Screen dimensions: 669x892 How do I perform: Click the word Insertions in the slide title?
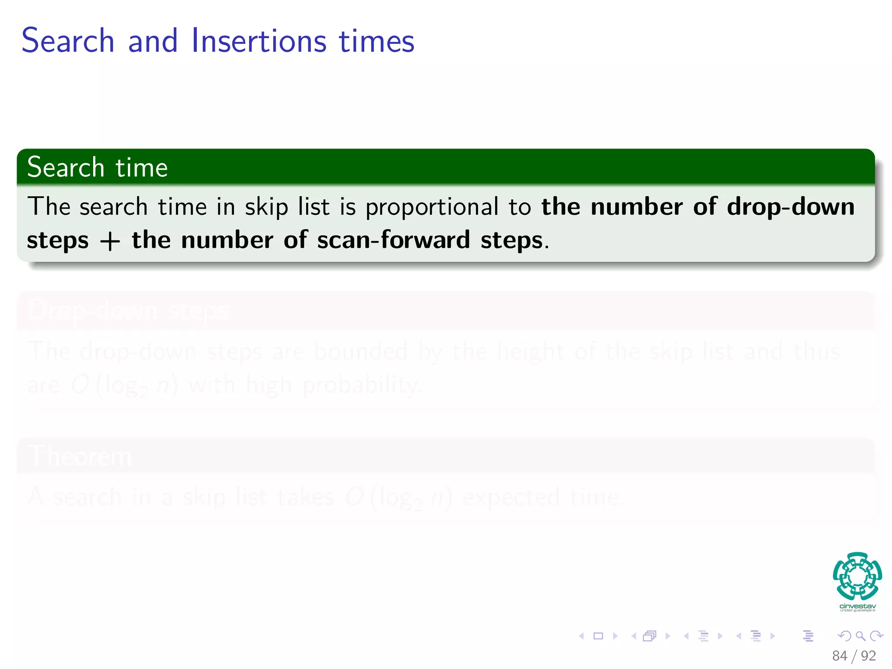(x=259, y=41)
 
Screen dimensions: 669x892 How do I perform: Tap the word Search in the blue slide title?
(x=68, y=41)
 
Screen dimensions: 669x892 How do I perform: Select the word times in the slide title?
(x=376, y=41)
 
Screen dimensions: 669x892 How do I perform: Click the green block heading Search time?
(x=98, y=168)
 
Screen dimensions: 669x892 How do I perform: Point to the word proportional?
(x=432, y=207)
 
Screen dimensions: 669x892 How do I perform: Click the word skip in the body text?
(x=266, y=207)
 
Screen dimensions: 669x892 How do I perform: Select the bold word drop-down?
(x=791, y=206)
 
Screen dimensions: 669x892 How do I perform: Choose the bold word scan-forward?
(x=393, y=240)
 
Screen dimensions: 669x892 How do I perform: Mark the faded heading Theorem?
(x=80, y=456)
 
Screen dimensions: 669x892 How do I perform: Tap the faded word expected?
(x=510, y=497)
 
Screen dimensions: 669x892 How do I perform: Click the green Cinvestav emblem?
(x=857, y=576)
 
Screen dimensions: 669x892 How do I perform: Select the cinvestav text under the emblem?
(x=857, y=606)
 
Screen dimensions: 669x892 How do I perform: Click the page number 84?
(x=839, y=656)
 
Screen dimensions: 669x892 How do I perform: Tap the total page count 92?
(x=868, y=656)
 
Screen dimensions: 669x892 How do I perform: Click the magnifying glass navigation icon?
(x=860, y=636)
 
